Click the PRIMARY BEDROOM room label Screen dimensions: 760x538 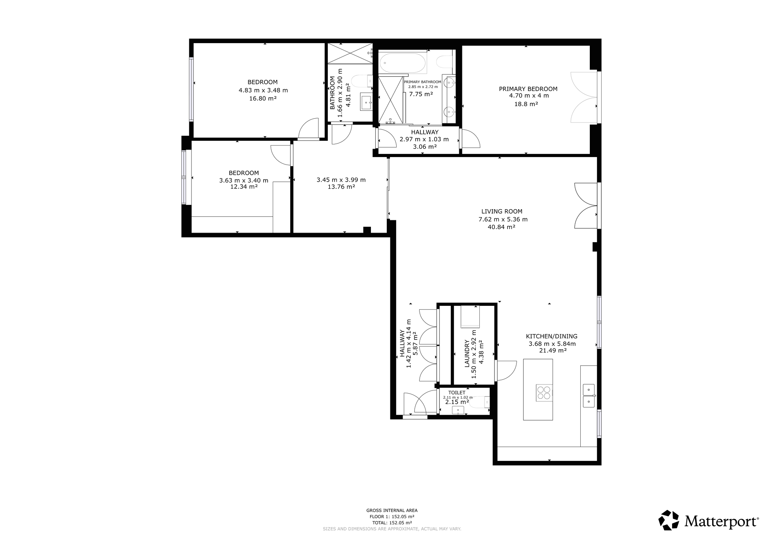[x=528, y=89]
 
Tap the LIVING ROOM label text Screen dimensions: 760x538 [x=502, y=212]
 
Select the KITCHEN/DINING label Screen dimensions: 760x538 [x=551, y=336]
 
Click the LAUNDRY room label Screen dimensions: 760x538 [x=467, y=353]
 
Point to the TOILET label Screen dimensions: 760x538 [x=457, y=393]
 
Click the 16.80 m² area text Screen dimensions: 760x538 [x=263, y=98]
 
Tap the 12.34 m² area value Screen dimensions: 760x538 [x=244, y=187]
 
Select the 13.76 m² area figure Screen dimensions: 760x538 [x=341, y=187]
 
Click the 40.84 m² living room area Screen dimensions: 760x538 [x=502, y=227]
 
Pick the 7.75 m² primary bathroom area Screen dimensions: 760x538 [x=421, y=94]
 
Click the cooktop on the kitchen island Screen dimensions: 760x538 [x=543, y=393]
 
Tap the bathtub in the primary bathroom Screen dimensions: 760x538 [x=403, y=63]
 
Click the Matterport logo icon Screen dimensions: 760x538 [x=669, y=520]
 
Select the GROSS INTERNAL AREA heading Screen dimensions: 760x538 [x=392, y=510]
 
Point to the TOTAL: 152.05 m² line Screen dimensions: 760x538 [x=392, y=523]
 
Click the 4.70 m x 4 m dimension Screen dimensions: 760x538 [x=529, y=96]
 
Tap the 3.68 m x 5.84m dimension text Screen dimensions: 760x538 [x=552, y=344]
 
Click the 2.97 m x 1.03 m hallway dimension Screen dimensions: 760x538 [x=424, y=139]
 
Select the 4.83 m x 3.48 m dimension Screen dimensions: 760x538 [x=263, y=90]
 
